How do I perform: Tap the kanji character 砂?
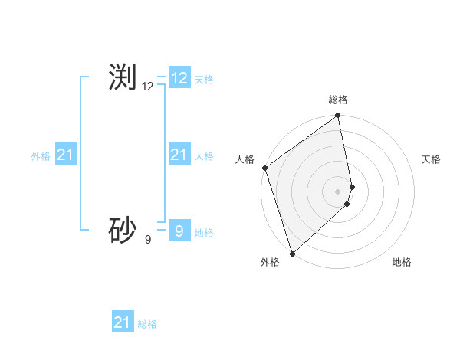[x=123, y=230]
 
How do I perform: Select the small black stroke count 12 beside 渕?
[x=148, y=87]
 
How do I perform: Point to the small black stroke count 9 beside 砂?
[x=148, y=240]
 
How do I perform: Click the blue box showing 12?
[x=179, y=78]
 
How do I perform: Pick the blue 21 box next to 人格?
[x=179, y=155]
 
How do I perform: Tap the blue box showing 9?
[x=179, y=231]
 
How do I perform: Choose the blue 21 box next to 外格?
[x=65, y=155]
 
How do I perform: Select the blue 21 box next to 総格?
[x=123, y=322]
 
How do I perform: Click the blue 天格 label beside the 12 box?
[x=204, y=80]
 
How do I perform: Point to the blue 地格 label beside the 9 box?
[x=204, y=233]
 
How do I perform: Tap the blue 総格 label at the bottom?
[x=147, y=324]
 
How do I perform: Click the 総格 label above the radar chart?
[x=338, y=100]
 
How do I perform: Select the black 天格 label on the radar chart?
[x=431, y=159]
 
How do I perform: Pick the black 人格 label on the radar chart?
[x=245, y=159]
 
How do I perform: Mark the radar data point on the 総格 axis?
[x=338, y=116]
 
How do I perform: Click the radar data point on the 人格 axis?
[x=264, y=168]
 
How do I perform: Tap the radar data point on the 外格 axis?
[x=292, y=253]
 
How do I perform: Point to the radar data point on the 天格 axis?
[x=353, y=187]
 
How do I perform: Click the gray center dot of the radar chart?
[x=338, y=191]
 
